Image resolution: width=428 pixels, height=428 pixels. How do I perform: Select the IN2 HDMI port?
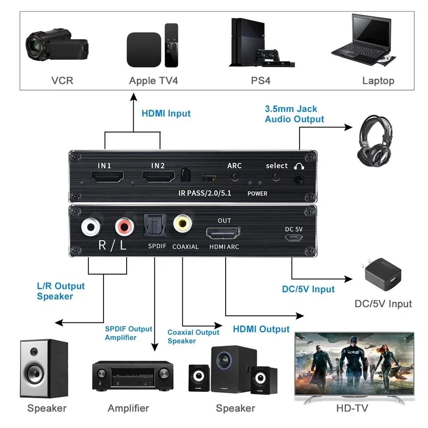pyautogui.click(x=158, y=178)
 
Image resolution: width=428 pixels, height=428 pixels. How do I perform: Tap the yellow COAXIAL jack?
pyautogui.click(x=183, y=223)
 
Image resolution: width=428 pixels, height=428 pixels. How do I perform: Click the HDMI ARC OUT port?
pyautogui.click(x=223, y=233)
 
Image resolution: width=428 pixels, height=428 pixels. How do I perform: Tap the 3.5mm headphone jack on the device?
pyautogui.click(x=297, y=180)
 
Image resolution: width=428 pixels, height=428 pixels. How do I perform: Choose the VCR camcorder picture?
pyautogui.click(x=56, y=46)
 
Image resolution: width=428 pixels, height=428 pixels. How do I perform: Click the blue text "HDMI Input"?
pyautogui.click(x=166, y=114)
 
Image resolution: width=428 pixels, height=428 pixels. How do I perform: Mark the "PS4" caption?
pyautogui.click(x=261, y=81)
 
